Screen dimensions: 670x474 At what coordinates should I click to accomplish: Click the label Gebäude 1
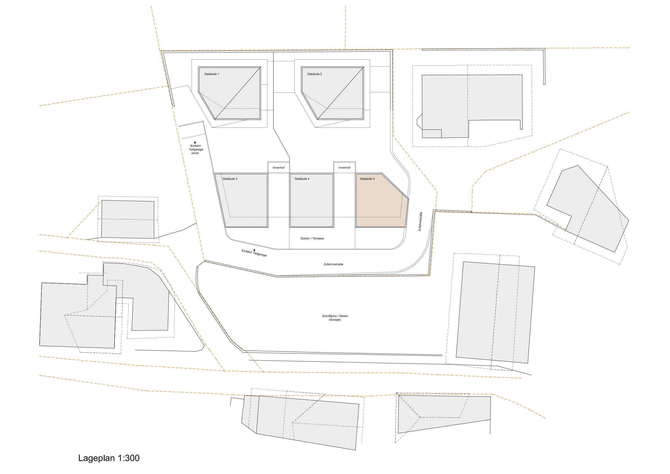point(212,74)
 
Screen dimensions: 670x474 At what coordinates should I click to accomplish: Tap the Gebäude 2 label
point(314,74)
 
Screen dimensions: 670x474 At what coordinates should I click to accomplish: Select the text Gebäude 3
point(230,179)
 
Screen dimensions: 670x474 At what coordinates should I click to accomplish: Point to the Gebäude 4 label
point(302,179)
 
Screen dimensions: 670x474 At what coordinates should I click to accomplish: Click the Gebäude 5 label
point(367,179)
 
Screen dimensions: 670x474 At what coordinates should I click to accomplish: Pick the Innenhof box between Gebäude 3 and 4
point(279,167)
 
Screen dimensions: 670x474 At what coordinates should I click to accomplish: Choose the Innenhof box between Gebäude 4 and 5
point(345,167)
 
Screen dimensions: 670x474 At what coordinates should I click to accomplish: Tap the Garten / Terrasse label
point(312,239)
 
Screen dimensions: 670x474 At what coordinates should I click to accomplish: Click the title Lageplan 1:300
point(109,458)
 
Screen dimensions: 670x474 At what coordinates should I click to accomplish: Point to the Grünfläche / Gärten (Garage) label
point(335,318)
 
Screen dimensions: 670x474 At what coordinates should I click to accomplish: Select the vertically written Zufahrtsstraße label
point(420,221)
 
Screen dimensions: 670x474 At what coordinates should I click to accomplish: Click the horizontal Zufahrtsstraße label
point(333,264)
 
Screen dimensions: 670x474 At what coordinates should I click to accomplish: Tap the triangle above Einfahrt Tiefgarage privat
point(195,142)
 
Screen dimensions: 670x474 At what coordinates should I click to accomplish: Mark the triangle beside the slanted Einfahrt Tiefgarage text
point(255,250)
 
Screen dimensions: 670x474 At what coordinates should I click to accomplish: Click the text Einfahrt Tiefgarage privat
point(195,149)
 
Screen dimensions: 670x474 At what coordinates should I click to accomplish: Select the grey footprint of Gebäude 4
point(312,200)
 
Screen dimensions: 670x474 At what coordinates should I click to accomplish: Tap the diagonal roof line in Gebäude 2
point(340,93)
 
